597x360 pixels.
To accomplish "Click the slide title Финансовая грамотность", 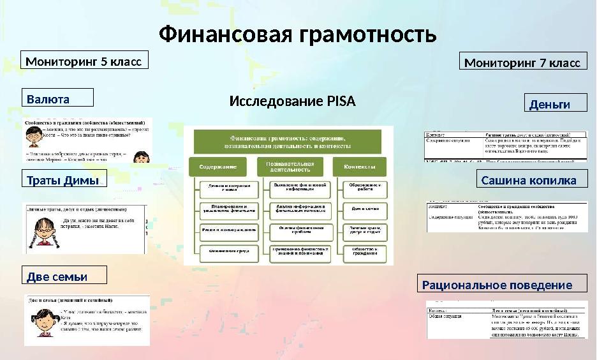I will tap(297, 34).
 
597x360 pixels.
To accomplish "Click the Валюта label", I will tap(57, 98).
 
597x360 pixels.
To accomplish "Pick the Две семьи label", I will tap(64, 275).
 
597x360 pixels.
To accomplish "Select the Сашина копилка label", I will tap(532, 180).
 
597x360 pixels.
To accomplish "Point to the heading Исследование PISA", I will tap(292, 101).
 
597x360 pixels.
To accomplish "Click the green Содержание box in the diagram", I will tap(218, 167).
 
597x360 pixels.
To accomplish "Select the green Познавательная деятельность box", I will tap(294, 167).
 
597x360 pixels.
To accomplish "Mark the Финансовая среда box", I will tap(219, 251).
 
